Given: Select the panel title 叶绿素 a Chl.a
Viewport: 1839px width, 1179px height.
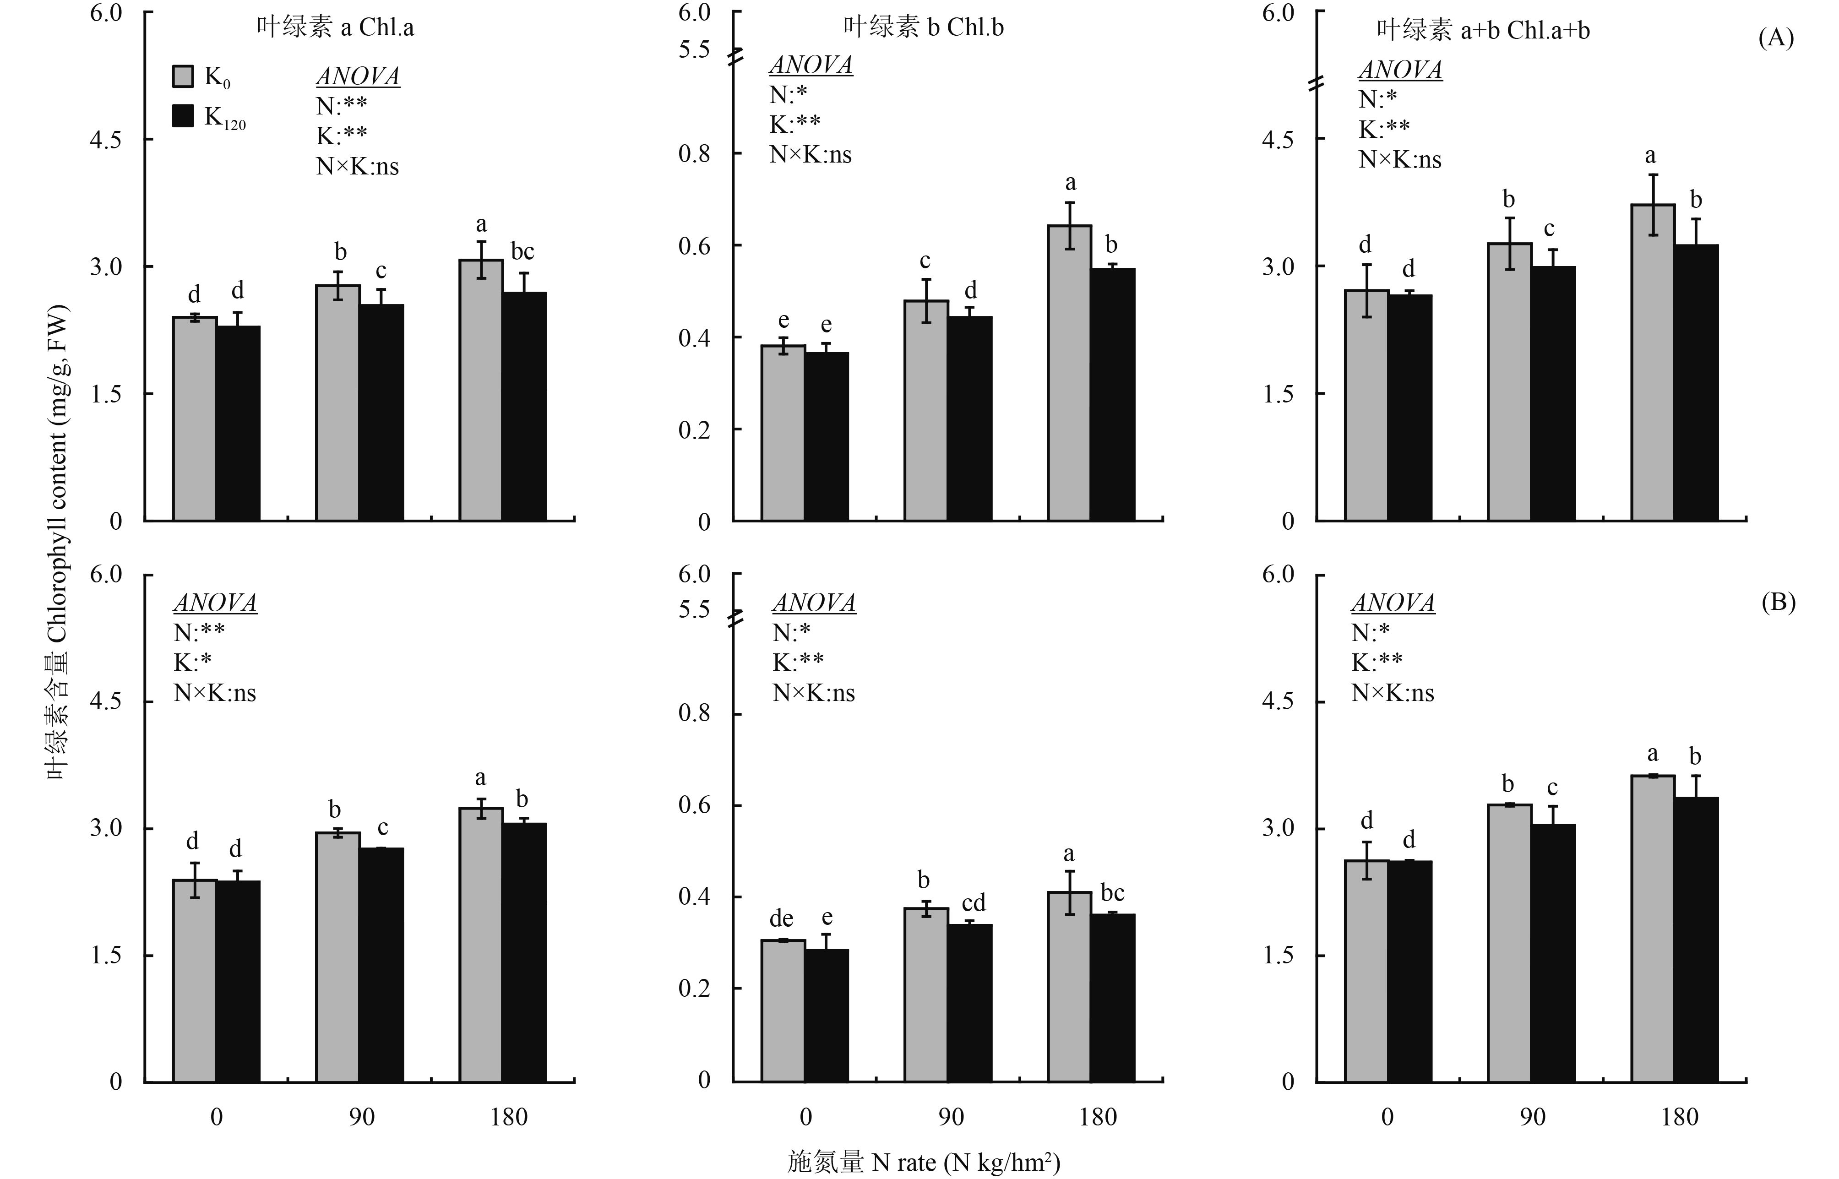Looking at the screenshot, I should point(335,27).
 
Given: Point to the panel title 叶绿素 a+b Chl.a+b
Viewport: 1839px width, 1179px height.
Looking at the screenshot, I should point(1483,30).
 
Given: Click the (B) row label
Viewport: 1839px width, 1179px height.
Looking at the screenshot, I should point(1778,603).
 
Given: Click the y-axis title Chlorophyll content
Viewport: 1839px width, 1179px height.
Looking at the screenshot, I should point(57,543).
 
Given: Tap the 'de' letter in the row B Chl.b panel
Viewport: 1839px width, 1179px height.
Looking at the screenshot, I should point(781,918).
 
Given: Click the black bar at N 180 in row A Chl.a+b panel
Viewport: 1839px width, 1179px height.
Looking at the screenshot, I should point(1696,383).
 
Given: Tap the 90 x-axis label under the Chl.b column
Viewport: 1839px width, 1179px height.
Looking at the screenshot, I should point(951,1117).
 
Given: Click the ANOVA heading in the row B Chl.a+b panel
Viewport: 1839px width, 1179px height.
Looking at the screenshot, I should point(1393,603).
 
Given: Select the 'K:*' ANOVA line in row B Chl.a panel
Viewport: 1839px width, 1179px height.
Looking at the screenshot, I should point(192,662).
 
